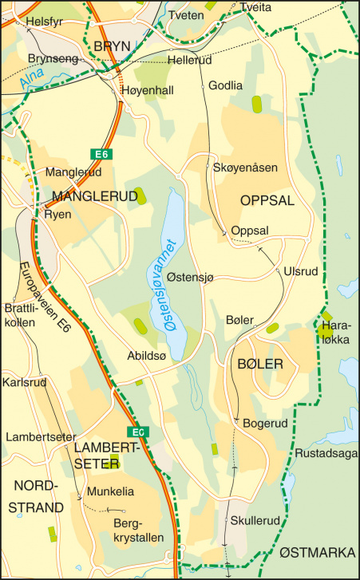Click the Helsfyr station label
(44, 22)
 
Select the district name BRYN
(111, 45)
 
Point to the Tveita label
(255, 7)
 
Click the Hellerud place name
(190, 61)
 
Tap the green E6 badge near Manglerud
(99, 154)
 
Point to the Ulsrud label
(301, 272)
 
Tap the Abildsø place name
(147, 357)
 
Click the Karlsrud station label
(25, 382)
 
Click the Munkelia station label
(111, 491)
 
